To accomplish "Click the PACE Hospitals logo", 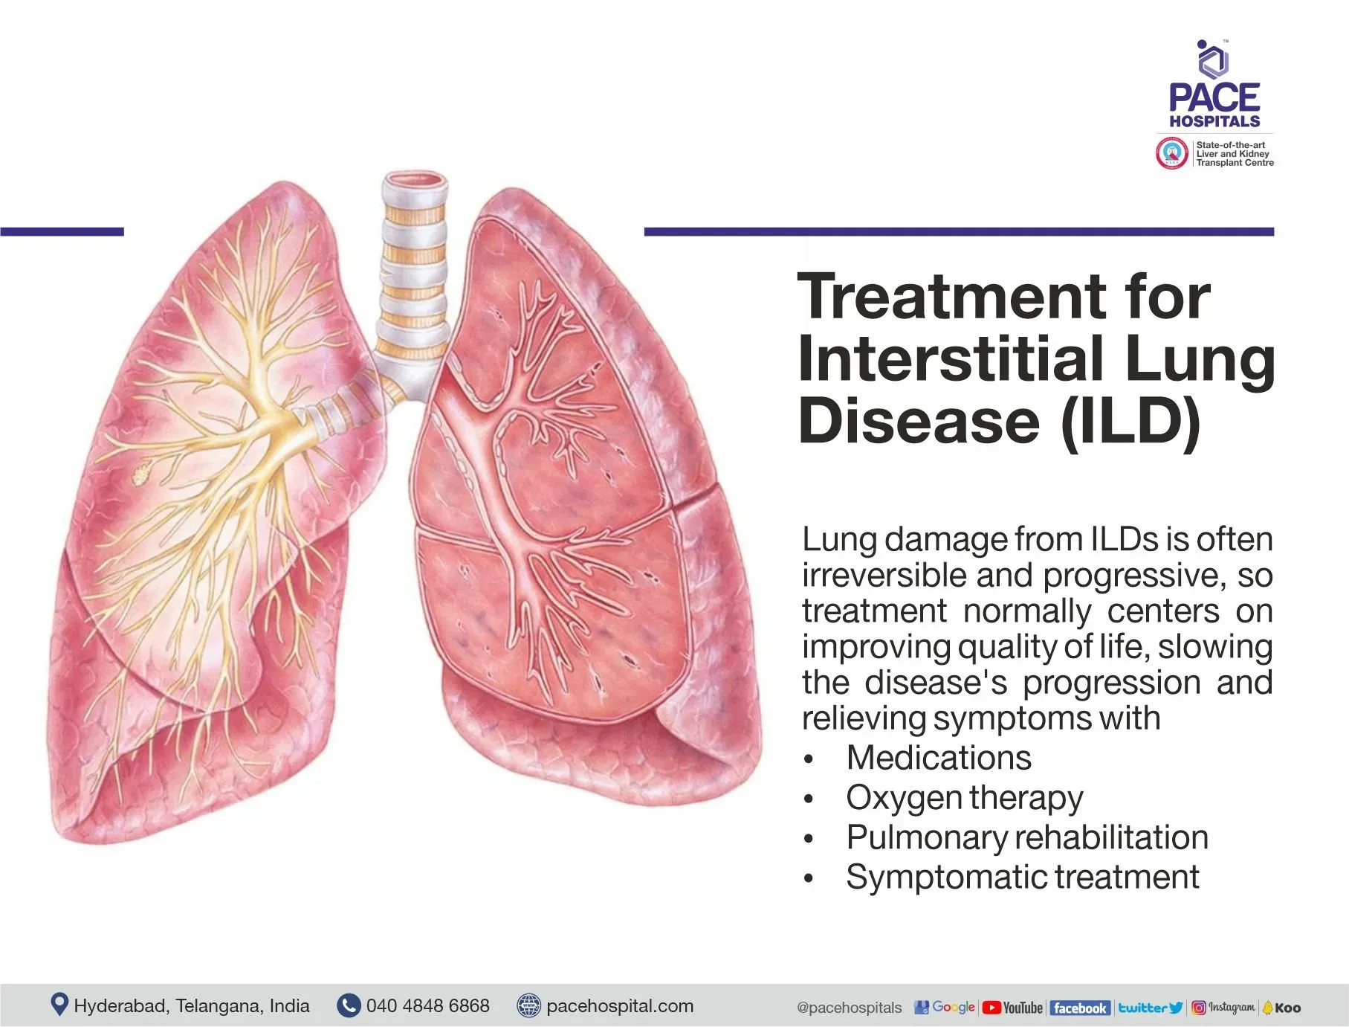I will [1214, 86].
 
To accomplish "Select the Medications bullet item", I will [938, 758].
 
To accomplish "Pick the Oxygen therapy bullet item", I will [964, 798].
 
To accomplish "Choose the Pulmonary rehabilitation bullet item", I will [1026, 837].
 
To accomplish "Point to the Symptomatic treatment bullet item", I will [1022, 877].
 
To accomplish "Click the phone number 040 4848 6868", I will [427, 1006].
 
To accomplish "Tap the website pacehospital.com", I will [619, 1006].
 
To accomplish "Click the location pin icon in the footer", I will [59, 1005].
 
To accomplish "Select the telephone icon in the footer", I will [348, 1006].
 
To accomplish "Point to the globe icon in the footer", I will [528, 1006].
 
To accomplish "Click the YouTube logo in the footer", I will [1012, 1008].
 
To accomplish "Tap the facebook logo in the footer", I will [1079, 1008].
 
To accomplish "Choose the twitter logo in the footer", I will [1150, 1008].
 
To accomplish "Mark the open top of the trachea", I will [416, 179].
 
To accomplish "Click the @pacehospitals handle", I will [849, 1008].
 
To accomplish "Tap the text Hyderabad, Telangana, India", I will [191, 1006].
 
